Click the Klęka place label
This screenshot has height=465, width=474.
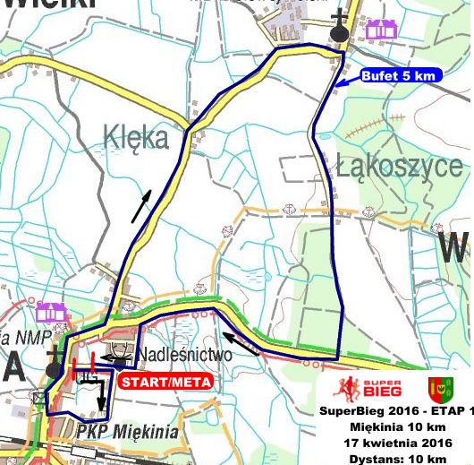point(135,138)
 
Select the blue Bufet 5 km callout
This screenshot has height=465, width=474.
point(397,76)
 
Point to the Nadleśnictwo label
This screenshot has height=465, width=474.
point(184,355)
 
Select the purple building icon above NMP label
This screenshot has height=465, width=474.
point(52,312)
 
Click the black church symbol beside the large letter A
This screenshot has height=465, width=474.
point(55,363)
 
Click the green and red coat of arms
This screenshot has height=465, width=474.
point(437,389)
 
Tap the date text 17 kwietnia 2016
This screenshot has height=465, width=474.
point(395,442)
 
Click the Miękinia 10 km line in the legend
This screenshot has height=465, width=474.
point(395,426)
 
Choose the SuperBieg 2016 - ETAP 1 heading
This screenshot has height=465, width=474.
point(395,411)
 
